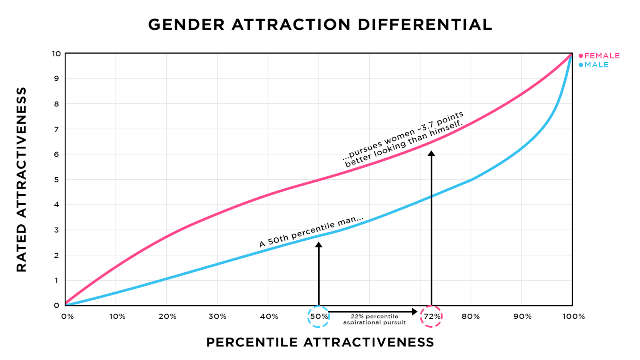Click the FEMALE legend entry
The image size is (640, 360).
click(x=599, y=56)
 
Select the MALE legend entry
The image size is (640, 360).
click(x=594, y=65)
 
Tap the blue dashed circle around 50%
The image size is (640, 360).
click(x=319, y=316)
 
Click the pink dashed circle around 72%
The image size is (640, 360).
click(x=432, y=316)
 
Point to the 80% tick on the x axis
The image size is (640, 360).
click(x=471, y=316)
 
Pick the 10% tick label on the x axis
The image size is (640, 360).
click(x=117, y=316)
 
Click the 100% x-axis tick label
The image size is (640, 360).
click(x=574, y=316)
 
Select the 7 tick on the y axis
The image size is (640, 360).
click(x=56, y=129)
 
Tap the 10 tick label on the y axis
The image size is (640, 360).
click(x=56, y=54)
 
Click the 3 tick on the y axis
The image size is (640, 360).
click(x=56, y=230)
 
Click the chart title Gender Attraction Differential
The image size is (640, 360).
click(x=320, y=25)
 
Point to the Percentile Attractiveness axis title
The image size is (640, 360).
click(x=320, y=342)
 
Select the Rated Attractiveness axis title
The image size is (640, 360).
click(x=22, y=180)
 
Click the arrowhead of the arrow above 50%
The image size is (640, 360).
click(x=319, y=244)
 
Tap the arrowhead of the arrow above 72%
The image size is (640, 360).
click(x=431, y=153)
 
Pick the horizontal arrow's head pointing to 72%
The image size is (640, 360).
click(x=415, y=311)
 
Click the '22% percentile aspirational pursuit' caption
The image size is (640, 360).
click(x=374, y=319)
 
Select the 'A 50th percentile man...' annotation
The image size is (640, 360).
click(x=311, y=231)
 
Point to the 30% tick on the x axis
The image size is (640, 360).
click(x=217, y=316)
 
